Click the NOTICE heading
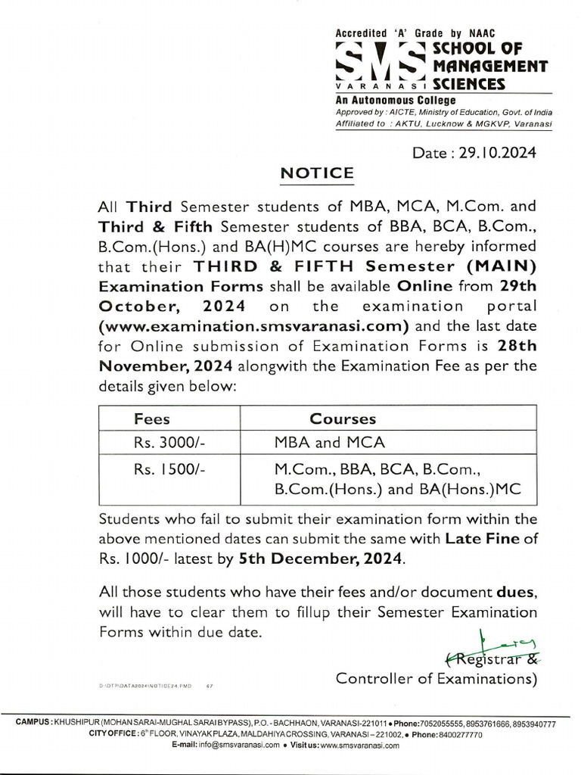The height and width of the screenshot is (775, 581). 316,173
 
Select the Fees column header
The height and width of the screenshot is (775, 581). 151,419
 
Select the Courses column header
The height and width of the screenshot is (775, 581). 343,419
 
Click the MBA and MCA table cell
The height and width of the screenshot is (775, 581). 329,443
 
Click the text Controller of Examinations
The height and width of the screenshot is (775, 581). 436,678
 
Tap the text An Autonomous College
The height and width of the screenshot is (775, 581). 396,101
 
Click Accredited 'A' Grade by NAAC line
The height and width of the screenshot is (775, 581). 409,34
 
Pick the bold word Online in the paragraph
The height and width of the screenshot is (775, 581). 424,287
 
